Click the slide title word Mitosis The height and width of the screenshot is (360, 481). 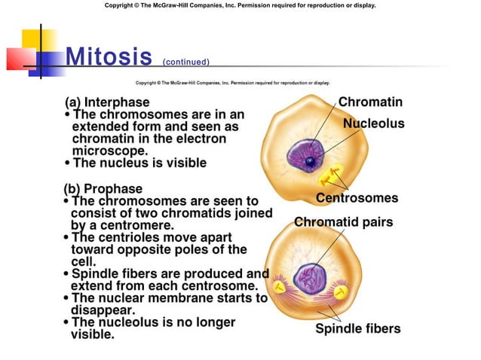coord(109,56)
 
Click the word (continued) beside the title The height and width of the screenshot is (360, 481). coord(185,62)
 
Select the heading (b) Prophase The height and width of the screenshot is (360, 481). coord(104,188)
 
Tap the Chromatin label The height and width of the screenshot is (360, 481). coord(370,102)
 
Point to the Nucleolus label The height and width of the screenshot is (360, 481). coord(373,124)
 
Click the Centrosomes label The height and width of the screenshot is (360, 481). coord(357,198)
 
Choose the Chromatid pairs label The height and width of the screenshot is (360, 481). coord(343,222)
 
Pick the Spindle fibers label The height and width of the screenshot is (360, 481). coord(358,328)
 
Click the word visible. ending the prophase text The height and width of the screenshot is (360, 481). coord(93,334)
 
